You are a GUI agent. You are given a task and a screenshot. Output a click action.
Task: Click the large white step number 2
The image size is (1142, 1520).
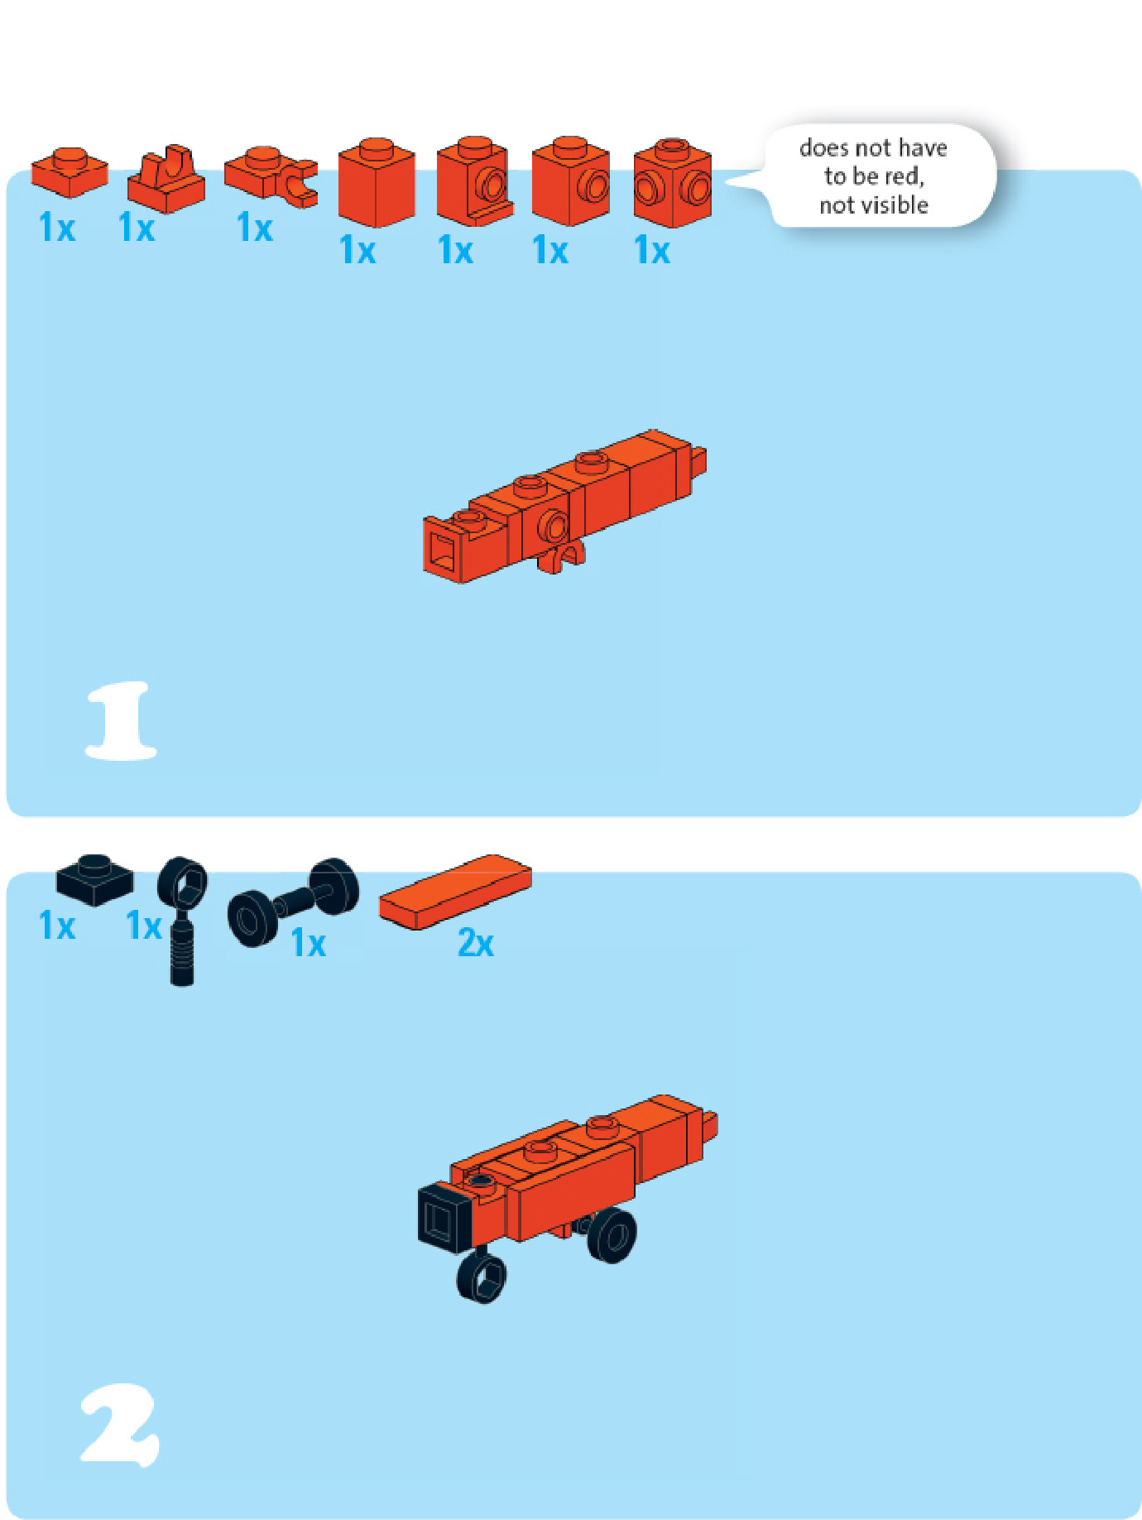click(120, 1423)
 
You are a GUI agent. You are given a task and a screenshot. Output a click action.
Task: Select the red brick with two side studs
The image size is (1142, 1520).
click(672, 183)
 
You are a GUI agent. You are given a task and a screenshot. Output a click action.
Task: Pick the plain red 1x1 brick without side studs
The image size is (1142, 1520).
click(377, 183)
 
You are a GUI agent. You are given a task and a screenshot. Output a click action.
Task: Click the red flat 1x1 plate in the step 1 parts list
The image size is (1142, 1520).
click(70, 172)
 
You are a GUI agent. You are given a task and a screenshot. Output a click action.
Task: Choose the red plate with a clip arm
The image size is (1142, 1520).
click(271, 176)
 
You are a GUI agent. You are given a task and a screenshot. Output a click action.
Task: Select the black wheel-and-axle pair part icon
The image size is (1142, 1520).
click(294, 902)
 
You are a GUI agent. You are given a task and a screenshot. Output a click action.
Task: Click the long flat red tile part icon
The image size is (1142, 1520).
click(455, 892)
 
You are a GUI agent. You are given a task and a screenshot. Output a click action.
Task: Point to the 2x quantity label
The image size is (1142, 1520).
click(476, 943)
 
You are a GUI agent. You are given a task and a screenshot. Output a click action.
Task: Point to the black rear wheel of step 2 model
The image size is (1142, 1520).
click(612, 1235)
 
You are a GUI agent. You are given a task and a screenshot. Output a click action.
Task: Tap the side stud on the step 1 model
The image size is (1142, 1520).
click(553, 527)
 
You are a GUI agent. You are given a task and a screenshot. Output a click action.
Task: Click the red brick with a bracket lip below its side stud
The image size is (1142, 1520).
click(474, 182)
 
